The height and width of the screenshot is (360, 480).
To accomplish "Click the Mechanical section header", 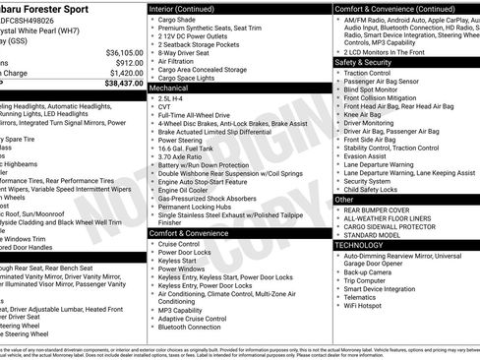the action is click(170, 89).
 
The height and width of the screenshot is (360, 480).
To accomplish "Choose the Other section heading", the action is click(345, 199).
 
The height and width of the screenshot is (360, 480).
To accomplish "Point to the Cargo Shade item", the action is click(177, 18).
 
